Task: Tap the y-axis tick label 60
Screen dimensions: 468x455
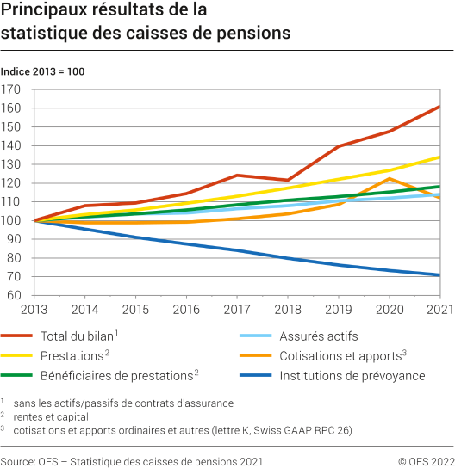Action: [x=15, y=295]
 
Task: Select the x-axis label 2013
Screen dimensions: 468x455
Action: [x=34, y=309]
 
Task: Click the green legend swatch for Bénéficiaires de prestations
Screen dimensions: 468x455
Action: [x=17, y=375]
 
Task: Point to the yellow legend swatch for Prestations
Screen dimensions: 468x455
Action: [x=17, y=356]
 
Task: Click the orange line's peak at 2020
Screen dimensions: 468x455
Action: [x=390, y=178]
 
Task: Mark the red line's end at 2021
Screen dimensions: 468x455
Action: [x=440, y=107]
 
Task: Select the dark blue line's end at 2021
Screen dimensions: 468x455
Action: [x=440, y=275]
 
